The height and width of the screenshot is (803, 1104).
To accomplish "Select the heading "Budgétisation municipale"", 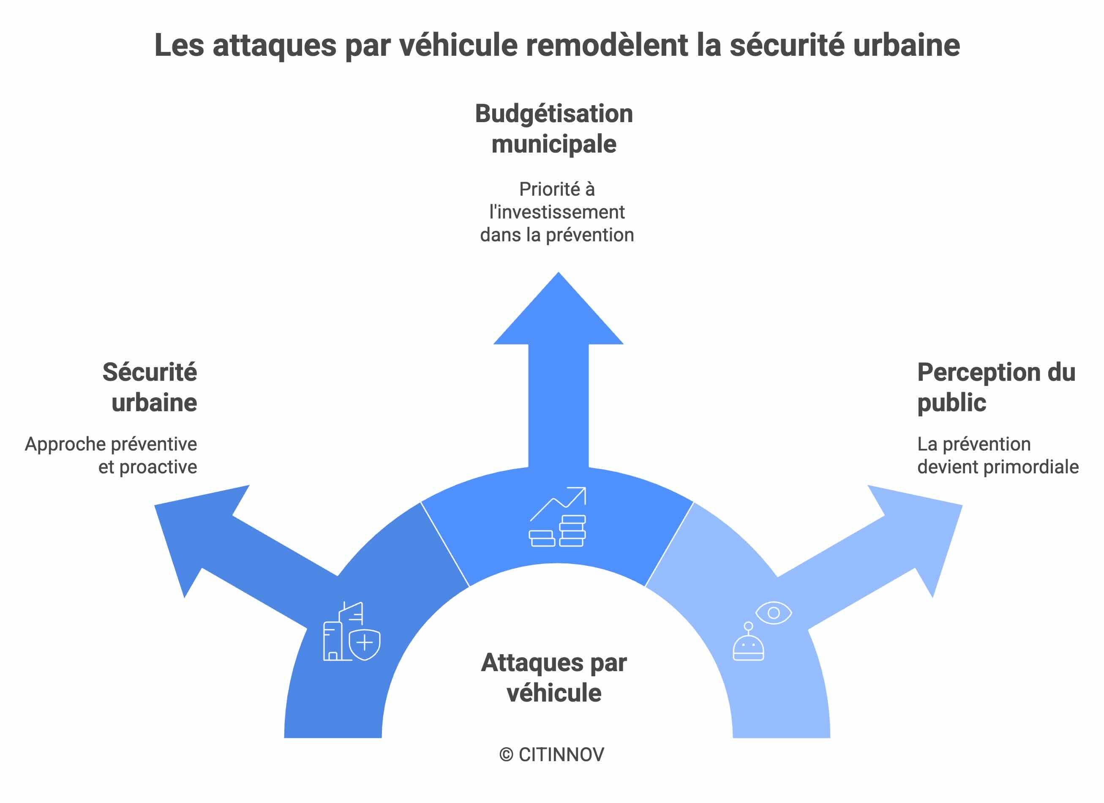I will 554,128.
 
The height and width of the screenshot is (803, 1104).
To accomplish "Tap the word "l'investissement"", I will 557,212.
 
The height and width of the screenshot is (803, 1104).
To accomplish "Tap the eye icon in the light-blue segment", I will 774,612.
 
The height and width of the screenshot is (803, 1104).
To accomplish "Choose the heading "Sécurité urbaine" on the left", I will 150,387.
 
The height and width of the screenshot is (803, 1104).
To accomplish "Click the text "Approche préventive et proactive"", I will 112,455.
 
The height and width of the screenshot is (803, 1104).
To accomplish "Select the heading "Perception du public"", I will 996,387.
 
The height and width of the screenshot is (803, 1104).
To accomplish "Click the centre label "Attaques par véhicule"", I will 554,677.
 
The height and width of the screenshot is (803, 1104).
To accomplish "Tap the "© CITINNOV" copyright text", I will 551,755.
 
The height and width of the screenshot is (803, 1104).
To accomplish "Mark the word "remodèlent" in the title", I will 607,45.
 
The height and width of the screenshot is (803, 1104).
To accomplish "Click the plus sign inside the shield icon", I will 365,643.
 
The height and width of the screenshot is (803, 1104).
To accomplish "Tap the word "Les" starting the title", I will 179,45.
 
